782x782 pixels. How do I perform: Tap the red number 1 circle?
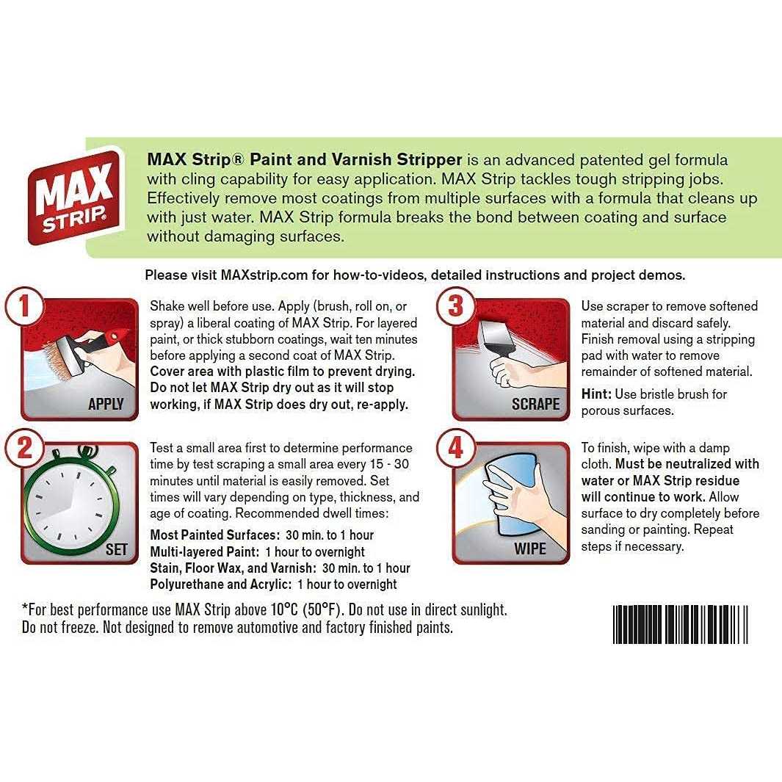24,306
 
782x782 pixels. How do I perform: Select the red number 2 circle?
24,449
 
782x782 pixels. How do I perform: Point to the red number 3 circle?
456,306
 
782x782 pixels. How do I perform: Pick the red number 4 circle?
456,449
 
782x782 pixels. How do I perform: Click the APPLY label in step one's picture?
106,403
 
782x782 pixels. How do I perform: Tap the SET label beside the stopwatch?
116,549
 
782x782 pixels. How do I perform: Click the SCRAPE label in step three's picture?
535,403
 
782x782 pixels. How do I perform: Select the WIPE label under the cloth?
530,549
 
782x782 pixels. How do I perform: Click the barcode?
680,624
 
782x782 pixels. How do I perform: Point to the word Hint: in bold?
596,394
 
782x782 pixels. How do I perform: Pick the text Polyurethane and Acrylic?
220,584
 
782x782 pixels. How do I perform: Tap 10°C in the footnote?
284,609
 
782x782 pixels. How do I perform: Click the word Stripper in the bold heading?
430,159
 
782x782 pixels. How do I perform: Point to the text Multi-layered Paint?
204,551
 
